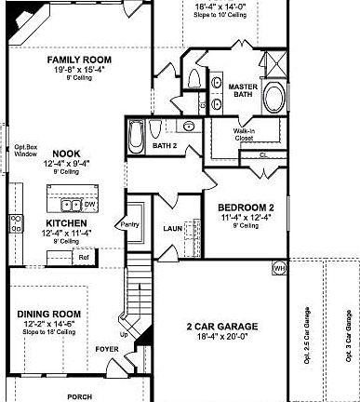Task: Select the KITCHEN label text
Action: pyautogui.click(x=68, y=223)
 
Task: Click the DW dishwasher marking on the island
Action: pyautogui.click(x=90, y=204)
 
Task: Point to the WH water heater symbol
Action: pyautogui.click(x=278, y=269)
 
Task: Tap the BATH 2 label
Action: pyautogui.click(x=165, y=146)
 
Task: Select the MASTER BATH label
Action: pyautogui.click(x=242, y=90)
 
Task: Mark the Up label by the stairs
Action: pyautogui.click(x=125, y=334)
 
